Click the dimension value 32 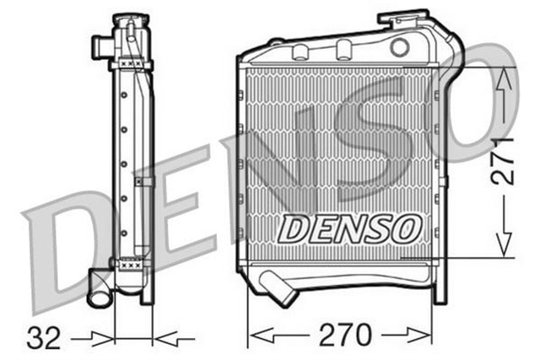[46, 338]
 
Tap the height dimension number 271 [504, 160]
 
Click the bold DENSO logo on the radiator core [349, 227]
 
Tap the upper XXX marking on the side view [131, 63]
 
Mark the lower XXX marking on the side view [131, 264]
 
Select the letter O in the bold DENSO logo [406, 227]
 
